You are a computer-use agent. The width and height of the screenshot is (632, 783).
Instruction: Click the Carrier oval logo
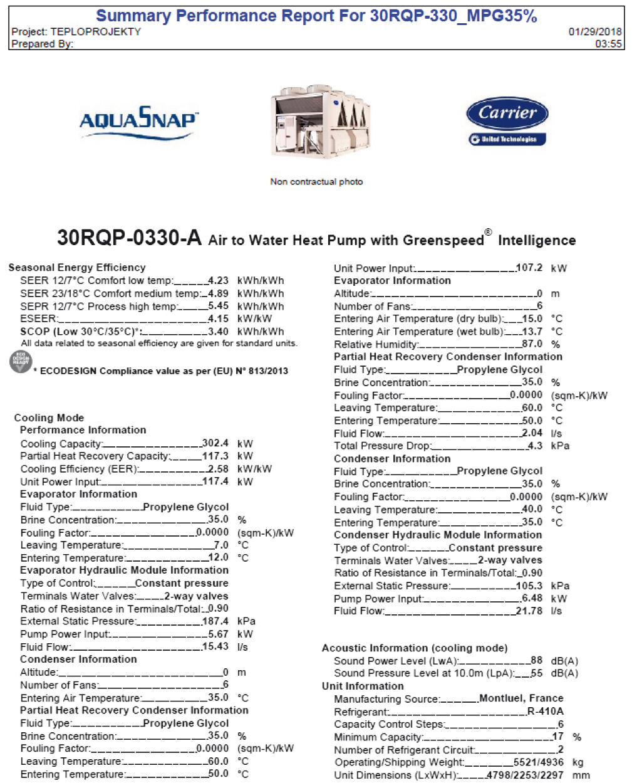tap(507, 113)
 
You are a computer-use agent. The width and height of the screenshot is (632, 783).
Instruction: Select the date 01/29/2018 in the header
tap(594, 31)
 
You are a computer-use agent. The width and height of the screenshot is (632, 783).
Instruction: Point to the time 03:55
tap(608, 44)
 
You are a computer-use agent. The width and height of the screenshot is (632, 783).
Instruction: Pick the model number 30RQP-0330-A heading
tap(129, 238)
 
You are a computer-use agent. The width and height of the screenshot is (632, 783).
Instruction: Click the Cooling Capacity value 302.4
tap(215, 443)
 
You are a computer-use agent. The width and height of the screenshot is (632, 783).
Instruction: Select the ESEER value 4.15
tap(218, 318)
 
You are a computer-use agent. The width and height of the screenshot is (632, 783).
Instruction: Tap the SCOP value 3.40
tap(218, 332)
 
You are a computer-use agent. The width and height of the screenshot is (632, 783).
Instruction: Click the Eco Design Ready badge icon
tap(20, 362)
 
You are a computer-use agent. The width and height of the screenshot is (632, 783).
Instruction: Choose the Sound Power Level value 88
tap(536, 661)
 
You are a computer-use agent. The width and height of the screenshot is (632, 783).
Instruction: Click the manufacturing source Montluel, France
tap(521, 698)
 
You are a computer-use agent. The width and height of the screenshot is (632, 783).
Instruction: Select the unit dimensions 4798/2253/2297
tap(525, 775)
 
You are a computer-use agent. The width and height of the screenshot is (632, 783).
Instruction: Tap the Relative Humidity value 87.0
tap(532, 344)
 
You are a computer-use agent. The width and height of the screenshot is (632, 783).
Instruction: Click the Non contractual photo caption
tap(316, 182)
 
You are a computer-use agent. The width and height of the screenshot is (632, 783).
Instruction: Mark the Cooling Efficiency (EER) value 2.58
tap(218, 469)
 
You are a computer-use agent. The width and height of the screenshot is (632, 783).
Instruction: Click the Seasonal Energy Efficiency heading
tap(76, 268)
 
